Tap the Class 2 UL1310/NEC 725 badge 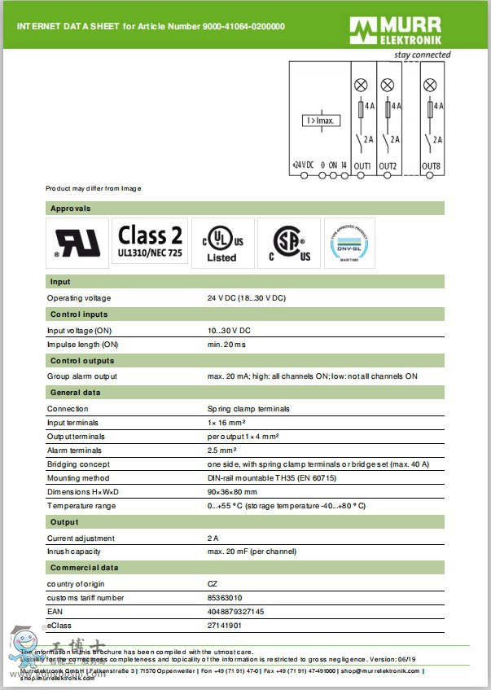(x=150, y=243)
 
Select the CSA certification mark (x=289, y=243)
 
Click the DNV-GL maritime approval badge (x=349, y=243)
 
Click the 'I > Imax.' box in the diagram (x=321, y=121)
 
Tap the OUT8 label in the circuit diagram (x=432, y=166)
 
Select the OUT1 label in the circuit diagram (x=362, y=166)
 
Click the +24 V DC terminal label (x=303, y=165)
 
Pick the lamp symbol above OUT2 (x=388, y=85)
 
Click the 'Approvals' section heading (x=71, y=209)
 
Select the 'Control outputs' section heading (x=82, y=361)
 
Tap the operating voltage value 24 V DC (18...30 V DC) (x=247, y=298)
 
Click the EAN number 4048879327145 (x=235, y=611)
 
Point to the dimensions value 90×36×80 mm (x=232, y=492)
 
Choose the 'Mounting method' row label (x=78, y=478)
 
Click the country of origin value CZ (x=213, y=583)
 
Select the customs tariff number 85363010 (x=225, y=597)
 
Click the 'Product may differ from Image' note (x=94, y=188)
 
